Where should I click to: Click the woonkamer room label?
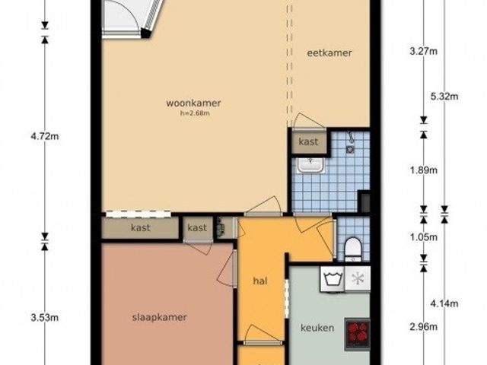(193, 103)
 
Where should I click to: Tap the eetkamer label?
(329, 52)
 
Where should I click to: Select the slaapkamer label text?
(160, 318)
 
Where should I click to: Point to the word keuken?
(317, 328)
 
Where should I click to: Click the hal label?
(260, 281)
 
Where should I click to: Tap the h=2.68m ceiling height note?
(195, 113)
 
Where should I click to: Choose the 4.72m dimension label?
(45, 136)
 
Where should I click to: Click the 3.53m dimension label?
(45, 318)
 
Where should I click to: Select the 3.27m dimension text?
(424, 51)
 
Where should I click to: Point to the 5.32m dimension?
(444, 97)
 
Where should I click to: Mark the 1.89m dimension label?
(424, 170)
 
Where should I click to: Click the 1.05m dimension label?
(424, 237)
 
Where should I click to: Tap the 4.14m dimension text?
(444, 303)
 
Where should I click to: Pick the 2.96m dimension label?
(424, 327)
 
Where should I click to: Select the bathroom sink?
(311, 165)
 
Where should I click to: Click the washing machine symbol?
(333, 279)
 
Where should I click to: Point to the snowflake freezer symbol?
(358, 279)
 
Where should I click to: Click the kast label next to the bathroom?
(308, 142)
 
